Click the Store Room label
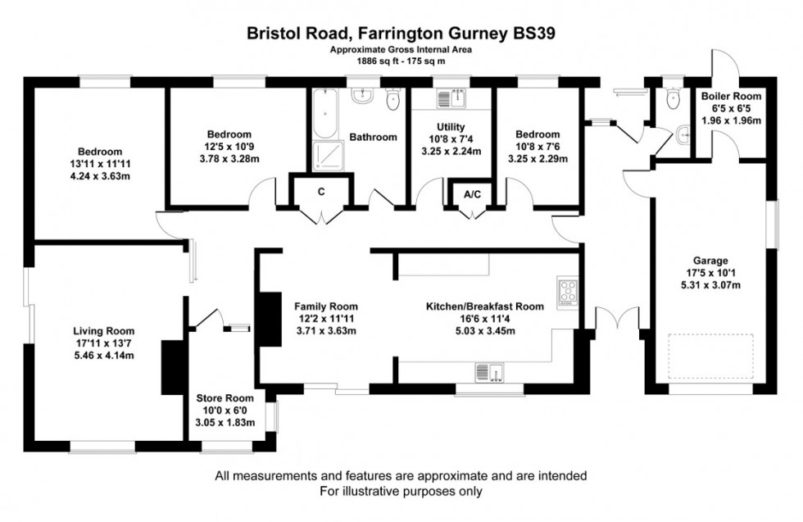click(x=224, y=399)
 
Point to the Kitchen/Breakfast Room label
click(x=484, y=306)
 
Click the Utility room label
click(x=451, y=127)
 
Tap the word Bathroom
click(x=374, y=138)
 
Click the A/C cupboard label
click(x=472, y=195)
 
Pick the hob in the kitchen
click(x=566, y=292)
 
